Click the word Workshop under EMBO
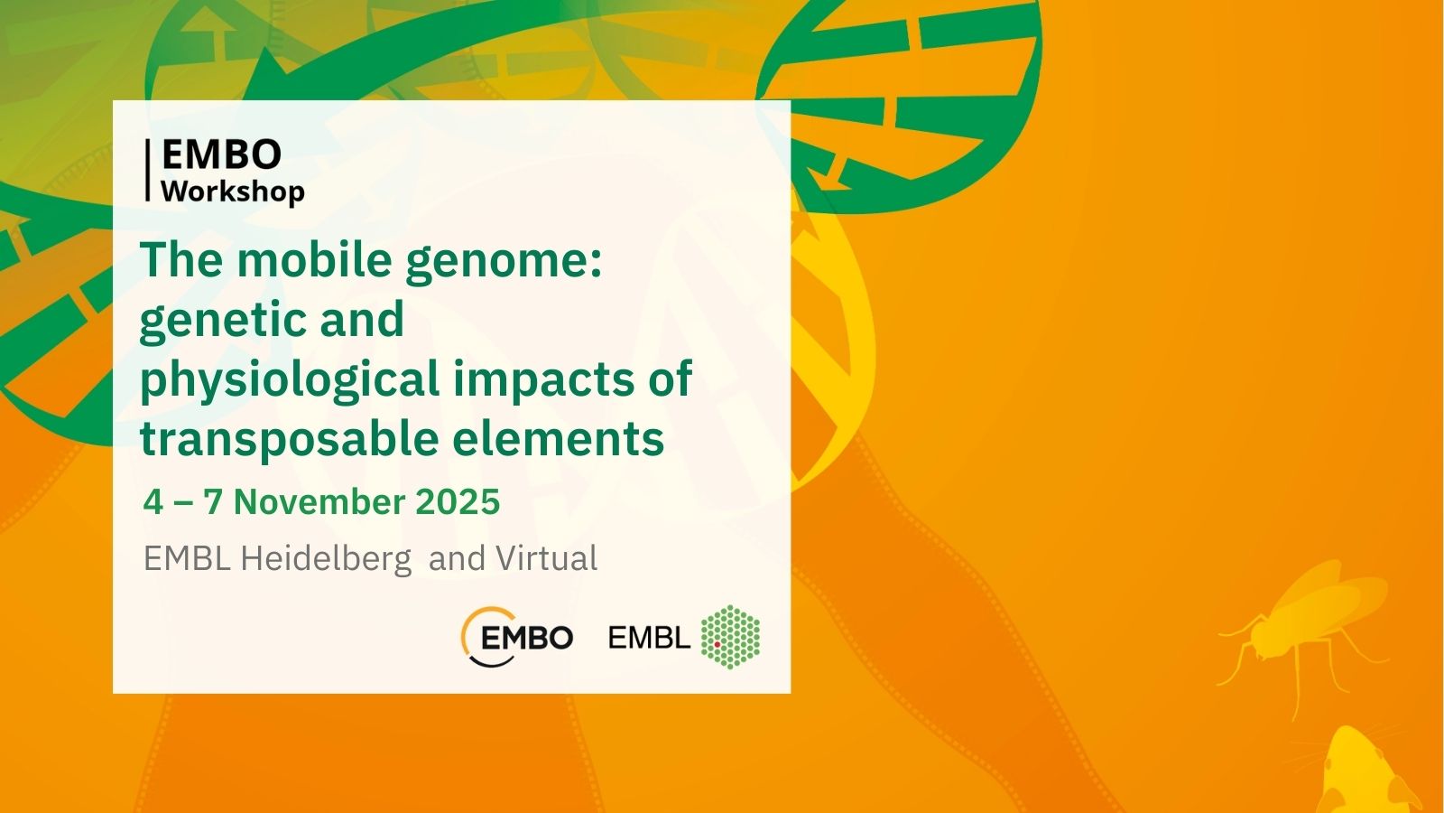pyautogui.click(x=233, y=192)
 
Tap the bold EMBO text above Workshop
pyautogui.click(x=221, y=154)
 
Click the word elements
pyautogui.click(x=559, y=439)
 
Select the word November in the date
pyautogui.click(x=319, y=502)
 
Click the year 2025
pyautogui.click(x=458, y=502)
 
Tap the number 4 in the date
pyautogui.click(x=153, y=502)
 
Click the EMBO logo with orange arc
pyautogui.click(x=517, y=637)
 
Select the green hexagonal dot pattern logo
pyautogui.click(x=730, y=637)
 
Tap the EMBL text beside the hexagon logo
pyautogui.click(x=649, y=638)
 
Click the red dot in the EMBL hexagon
pyautogui.click(x=717, y=644)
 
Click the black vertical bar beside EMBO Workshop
pyautogui.click(x=148, y=171)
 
